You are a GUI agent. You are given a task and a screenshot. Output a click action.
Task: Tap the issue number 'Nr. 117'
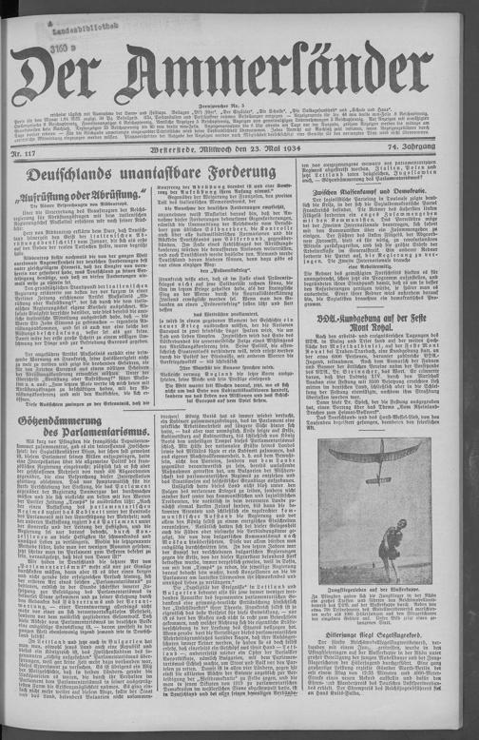(x=27, y=149)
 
